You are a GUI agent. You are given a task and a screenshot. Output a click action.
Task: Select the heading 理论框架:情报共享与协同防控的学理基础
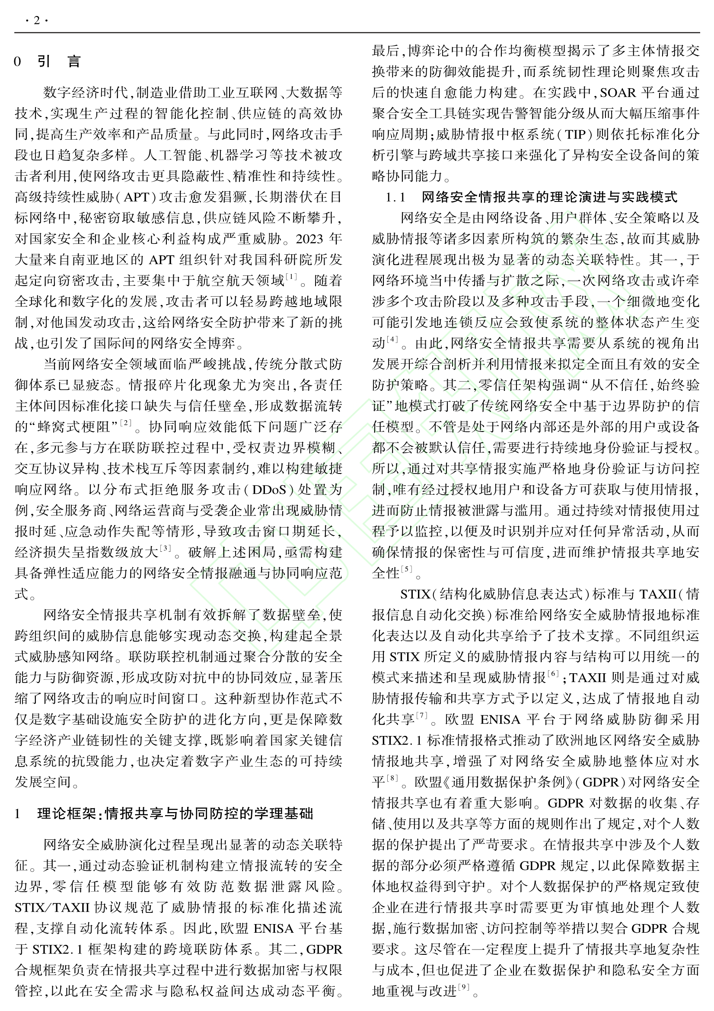pos(175,813)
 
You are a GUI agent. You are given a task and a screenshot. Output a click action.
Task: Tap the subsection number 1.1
pos(395,197)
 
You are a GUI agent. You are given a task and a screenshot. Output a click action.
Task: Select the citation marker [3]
pos(165,548)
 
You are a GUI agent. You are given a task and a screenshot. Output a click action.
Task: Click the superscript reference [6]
pos(553,673)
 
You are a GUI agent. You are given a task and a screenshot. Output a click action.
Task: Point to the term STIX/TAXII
pos(51,908)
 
